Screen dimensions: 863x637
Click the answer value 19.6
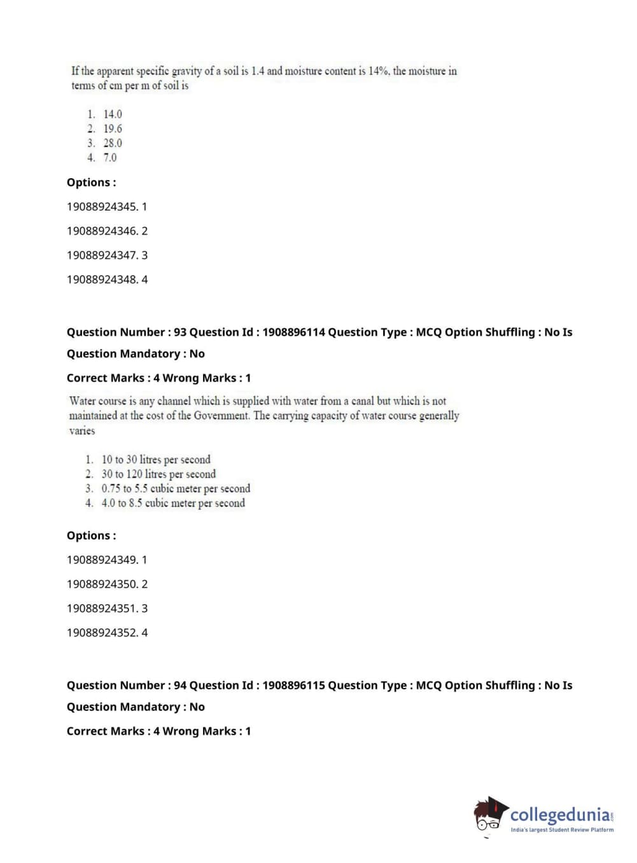tap(113, 129)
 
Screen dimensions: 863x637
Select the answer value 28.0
tap(113, 143)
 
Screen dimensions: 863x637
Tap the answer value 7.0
tap(110, 157)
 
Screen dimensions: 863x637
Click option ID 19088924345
tap(102, 207)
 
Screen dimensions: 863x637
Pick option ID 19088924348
tap(102, 279)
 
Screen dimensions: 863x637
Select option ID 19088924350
tap(102, 584)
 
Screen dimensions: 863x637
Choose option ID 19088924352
tap(102, 633)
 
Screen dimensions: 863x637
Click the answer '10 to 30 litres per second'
tap(156, 460)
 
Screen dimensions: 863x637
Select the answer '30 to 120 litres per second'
tap(158, 474)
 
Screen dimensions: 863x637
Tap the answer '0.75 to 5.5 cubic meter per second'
tap(176, 489)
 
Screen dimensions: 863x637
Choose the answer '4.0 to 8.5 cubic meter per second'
tap(173, 503)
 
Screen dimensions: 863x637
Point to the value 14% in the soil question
tap(378, 71)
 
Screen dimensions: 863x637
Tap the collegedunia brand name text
tap(559, 815)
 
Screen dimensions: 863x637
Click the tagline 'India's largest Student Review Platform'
tap(562, 830)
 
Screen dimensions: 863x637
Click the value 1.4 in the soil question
tap(257, 71)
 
